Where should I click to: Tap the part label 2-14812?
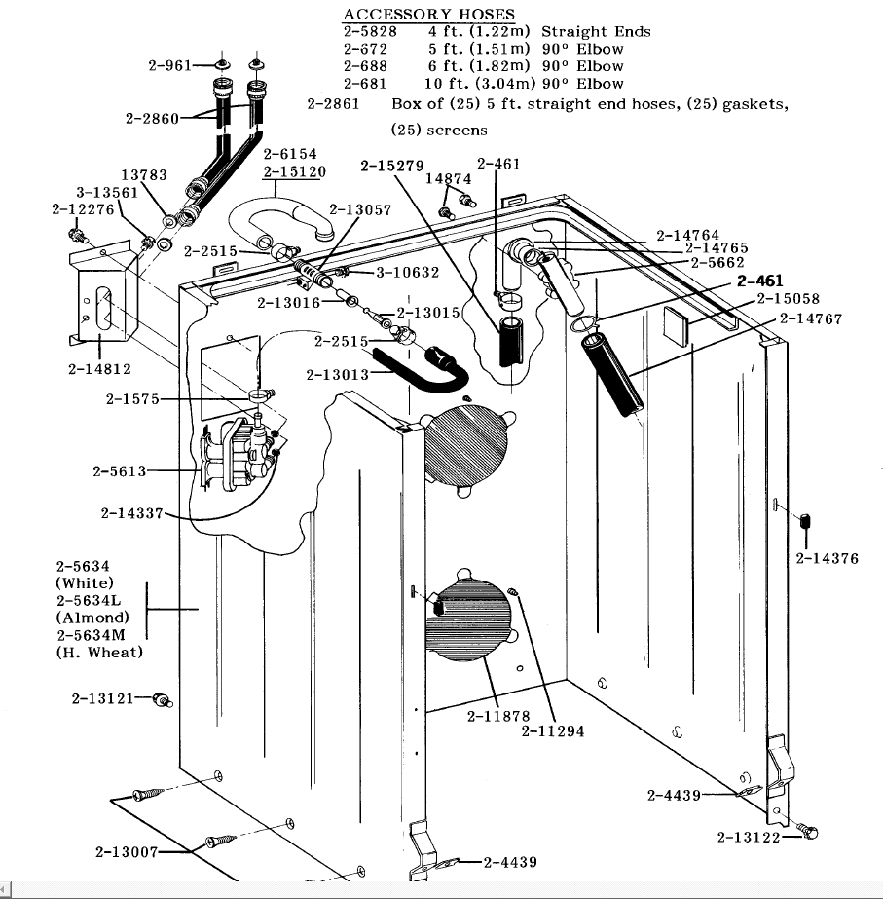pos(99,369)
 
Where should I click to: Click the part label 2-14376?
pos(827,558)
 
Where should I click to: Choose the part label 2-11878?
pos(497,716)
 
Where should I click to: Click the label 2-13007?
pos(127,852)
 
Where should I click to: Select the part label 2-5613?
pos(120,471)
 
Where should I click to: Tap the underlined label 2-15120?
pos(294,171)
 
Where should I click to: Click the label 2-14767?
pos(810,318)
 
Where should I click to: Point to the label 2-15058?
pos(788,299)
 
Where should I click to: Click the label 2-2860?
pos(153,118)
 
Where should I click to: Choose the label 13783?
pos(143,175)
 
